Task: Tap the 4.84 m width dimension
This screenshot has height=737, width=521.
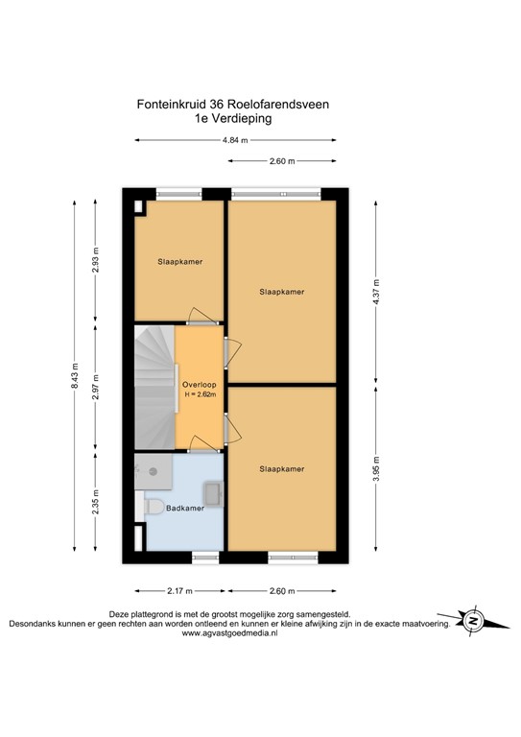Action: tap(235, 141)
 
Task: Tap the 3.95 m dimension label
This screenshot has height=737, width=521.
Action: tap(376, 474)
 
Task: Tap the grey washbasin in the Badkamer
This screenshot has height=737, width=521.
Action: tap(213, 494)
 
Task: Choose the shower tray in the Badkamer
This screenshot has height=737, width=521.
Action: tap(154, 471)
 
